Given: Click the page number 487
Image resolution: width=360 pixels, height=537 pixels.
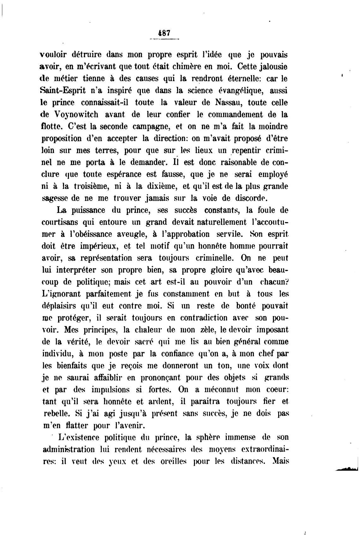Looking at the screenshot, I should tap(164, 32).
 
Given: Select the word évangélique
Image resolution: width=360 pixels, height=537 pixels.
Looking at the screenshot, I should tap(233, 91).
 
